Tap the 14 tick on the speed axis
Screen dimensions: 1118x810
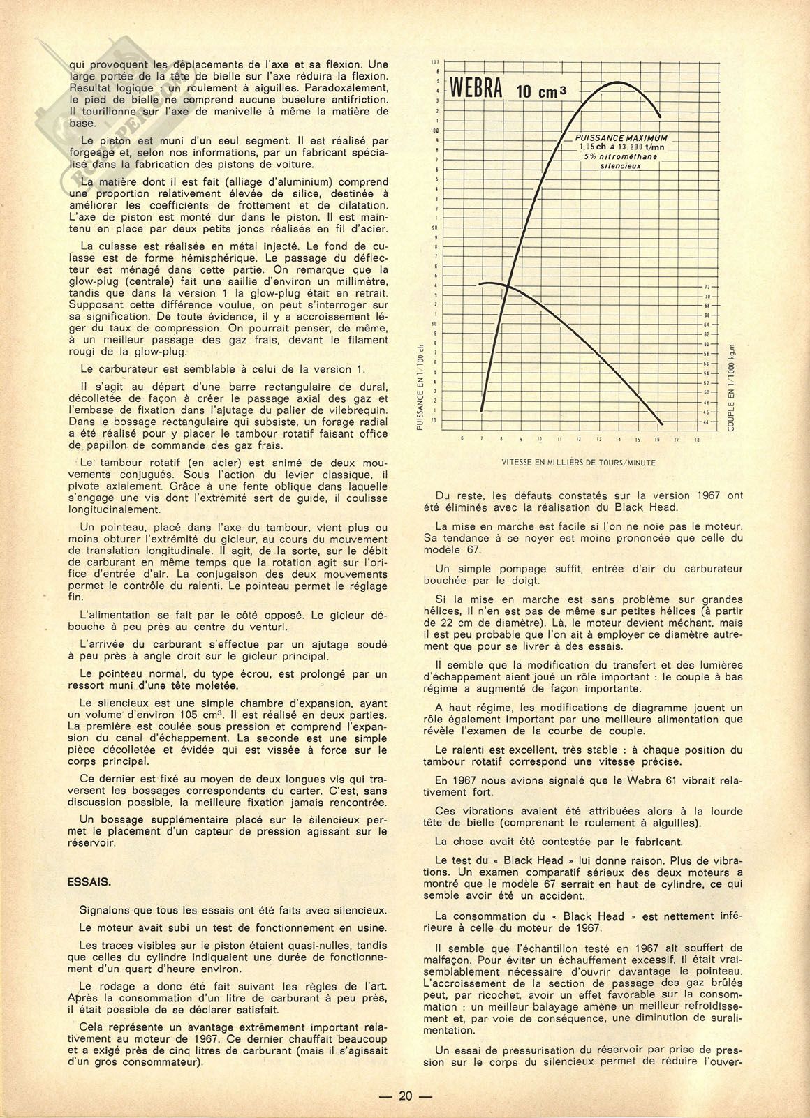tap(618, 440)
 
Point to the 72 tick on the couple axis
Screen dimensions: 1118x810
tap(707, 287)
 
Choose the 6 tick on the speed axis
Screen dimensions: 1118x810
tap(462, 440)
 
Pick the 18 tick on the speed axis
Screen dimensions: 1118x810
tap(696, 440)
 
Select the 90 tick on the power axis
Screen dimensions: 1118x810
tap(434, 228)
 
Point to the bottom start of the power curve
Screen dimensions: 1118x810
tap(482, 410)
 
